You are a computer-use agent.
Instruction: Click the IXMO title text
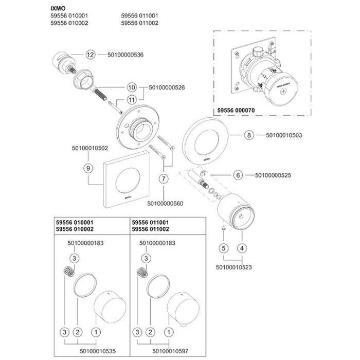click(58, 9)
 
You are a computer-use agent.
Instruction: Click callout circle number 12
click(91, 55)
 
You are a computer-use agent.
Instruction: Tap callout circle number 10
click(131, 88)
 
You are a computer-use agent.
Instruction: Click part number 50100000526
click(167, 88)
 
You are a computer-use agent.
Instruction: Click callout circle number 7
click(164, 179)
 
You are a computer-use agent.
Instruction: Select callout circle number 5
click(223, 248)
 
